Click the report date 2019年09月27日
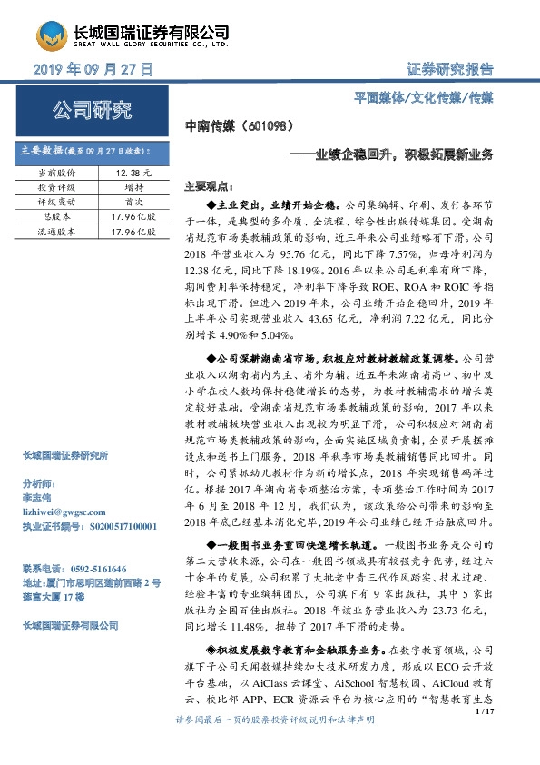93,69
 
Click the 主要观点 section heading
207,184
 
